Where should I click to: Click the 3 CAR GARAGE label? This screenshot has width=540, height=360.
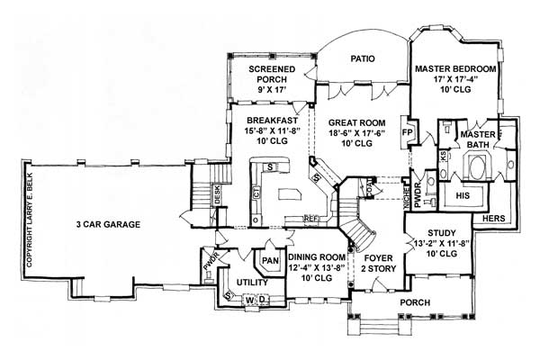coord(104,225)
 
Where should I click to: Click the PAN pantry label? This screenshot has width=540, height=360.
coord(268,261)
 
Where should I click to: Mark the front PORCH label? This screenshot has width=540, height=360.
coord(414,302)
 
